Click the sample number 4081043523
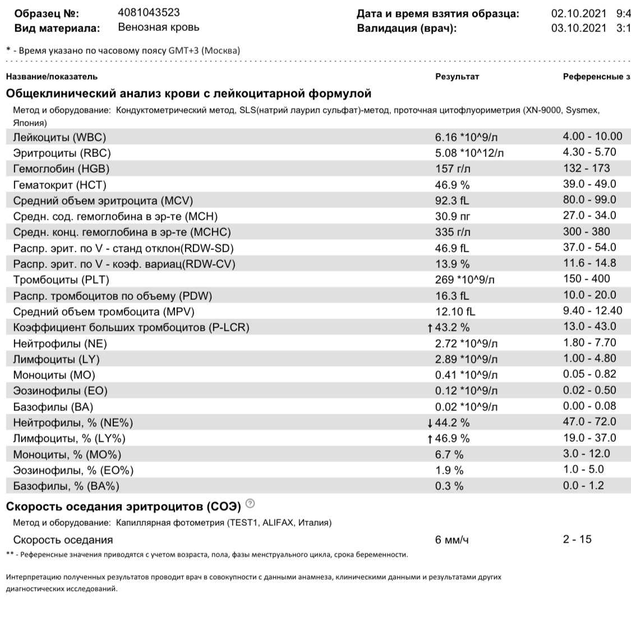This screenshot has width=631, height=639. [149, 12]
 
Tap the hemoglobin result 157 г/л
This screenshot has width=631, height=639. [453, 169]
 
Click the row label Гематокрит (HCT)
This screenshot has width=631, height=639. [59, 184]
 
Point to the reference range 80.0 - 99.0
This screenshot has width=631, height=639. [589, 200]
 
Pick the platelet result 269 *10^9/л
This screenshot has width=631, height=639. [465, 279]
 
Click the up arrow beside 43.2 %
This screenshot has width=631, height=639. [430, 327]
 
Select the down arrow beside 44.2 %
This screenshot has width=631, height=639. [430, 423]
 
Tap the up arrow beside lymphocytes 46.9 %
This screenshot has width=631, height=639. [430, 439]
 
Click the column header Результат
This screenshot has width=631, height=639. [457, 76]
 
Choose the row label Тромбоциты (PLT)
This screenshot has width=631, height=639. [61, 279]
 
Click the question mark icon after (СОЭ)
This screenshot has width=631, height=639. [251, 503]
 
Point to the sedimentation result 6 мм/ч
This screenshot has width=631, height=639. [452, 540]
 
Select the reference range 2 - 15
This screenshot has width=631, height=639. [577, 539]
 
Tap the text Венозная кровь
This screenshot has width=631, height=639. [159, 27]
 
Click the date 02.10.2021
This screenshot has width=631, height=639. [579, 13]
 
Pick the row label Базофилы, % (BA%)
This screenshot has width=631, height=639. [66, 486]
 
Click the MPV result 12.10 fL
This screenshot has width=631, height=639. [454, 311]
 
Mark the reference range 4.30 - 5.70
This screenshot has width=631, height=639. [589, 152]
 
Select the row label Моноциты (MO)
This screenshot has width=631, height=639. [54, 375]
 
